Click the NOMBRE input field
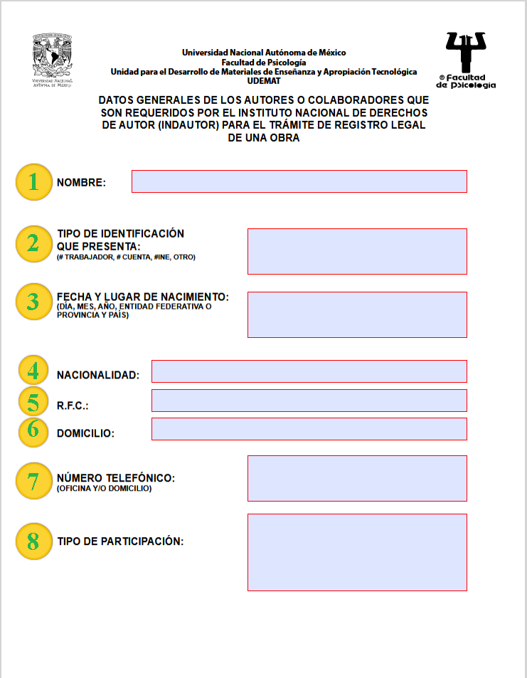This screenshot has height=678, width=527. tap(299, 181)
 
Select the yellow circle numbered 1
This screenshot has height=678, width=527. tap(33, 182)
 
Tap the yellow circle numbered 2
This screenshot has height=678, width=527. tap(33, 244)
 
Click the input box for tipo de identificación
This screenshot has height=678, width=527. tap(357, 251)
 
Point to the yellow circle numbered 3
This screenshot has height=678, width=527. tap(33, 301)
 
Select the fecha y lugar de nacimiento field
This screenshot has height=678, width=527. tap(357, 314)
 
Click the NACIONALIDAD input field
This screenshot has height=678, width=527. tap(309, 371)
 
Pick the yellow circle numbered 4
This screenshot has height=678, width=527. tap(33, 371)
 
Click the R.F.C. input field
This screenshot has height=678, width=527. tap(309, 401)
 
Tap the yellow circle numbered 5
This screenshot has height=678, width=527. tap(33, 402)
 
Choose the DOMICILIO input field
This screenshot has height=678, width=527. tap(309, 429)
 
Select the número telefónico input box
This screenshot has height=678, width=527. tap(357, 478)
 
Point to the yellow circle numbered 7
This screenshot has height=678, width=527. tap(33, 481)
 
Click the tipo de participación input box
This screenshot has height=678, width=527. tap(357, 552)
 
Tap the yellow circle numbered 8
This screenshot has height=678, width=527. tap(33, 541)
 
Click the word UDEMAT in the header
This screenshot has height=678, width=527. tap(264, 81)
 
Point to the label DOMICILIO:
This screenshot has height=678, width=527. tap(85, 433)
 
